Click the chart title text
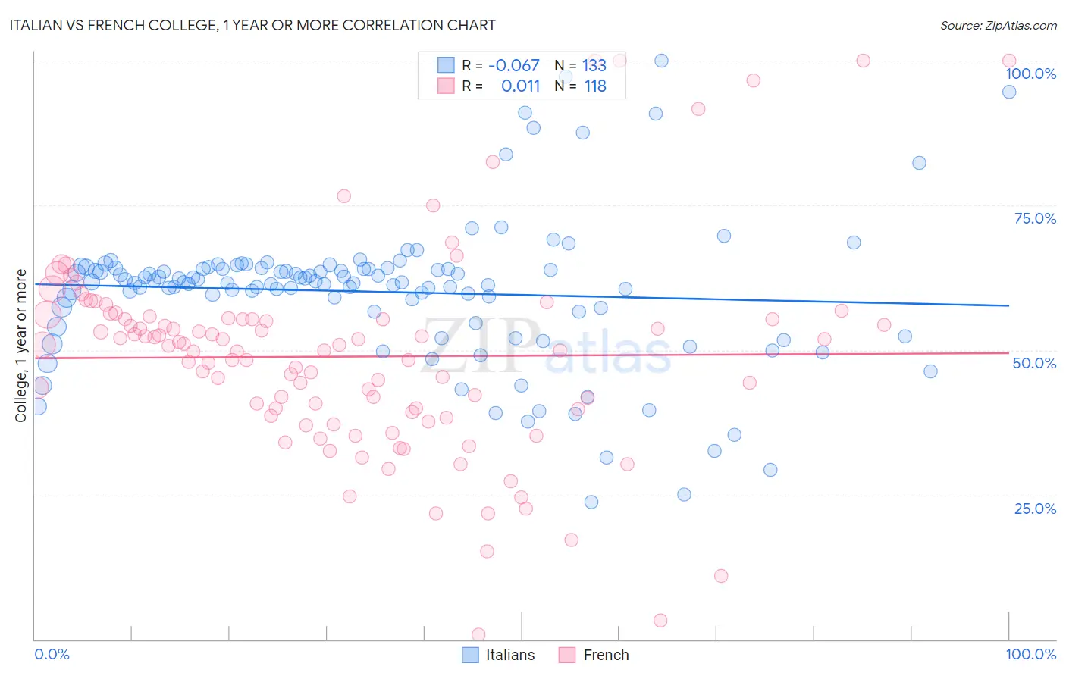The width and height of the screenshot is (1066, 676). [x=252, y=25]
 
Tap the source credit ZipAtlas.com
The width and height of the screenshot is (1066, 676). [x=998, y=25]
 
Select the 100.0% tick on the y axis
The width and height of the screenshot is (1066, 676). [x=1030, y=74]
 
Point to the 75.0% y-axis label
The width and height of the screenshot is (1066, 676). [x=1035, y=218]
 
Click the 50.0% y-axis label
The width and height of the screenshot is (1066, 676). [x=1034, y=363]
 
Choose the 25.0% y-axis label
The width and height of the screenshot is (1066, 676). [x=1035, y=508]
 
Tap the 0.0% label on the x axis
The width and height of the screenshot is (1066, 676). [x=52, y=654]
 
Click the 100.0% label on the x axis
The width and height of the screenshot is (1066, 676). [x=1030, y=654]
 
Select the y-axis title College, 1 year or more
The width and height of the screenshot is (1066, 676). [x=21, y=346]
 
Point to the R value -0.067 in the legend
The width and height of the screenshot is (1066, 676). [x=513, y=65]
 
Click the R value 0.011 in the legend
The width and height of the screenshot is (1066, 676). [x=520, y=86]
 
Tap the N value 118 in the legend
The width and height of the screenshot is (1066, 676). [x=595, y=86]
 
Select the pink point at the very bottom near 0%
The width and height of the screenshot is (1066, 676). [x=478, y=634]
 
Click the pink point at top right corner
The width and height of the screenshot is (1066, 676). [x=1008, y=61]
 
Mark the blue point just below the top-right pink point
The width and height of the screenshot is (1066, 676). [x=1008, y=92]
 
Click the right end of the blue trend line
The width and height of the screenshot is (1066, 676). [x=1008, y=305]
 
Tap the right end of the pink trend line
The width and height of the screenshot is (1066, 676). [x=1008, y=352]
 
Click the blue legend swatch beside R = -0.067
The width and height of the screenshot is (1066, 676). [x=446, y=65]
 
